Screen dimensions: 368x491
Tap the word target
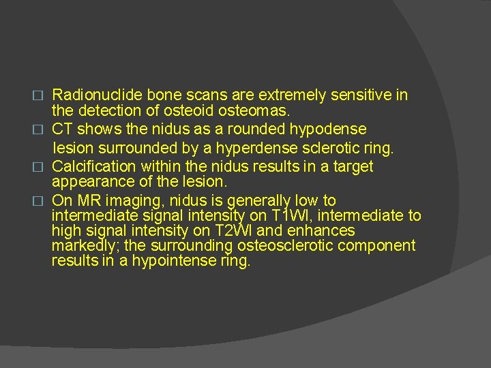(x=351, y=166)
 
